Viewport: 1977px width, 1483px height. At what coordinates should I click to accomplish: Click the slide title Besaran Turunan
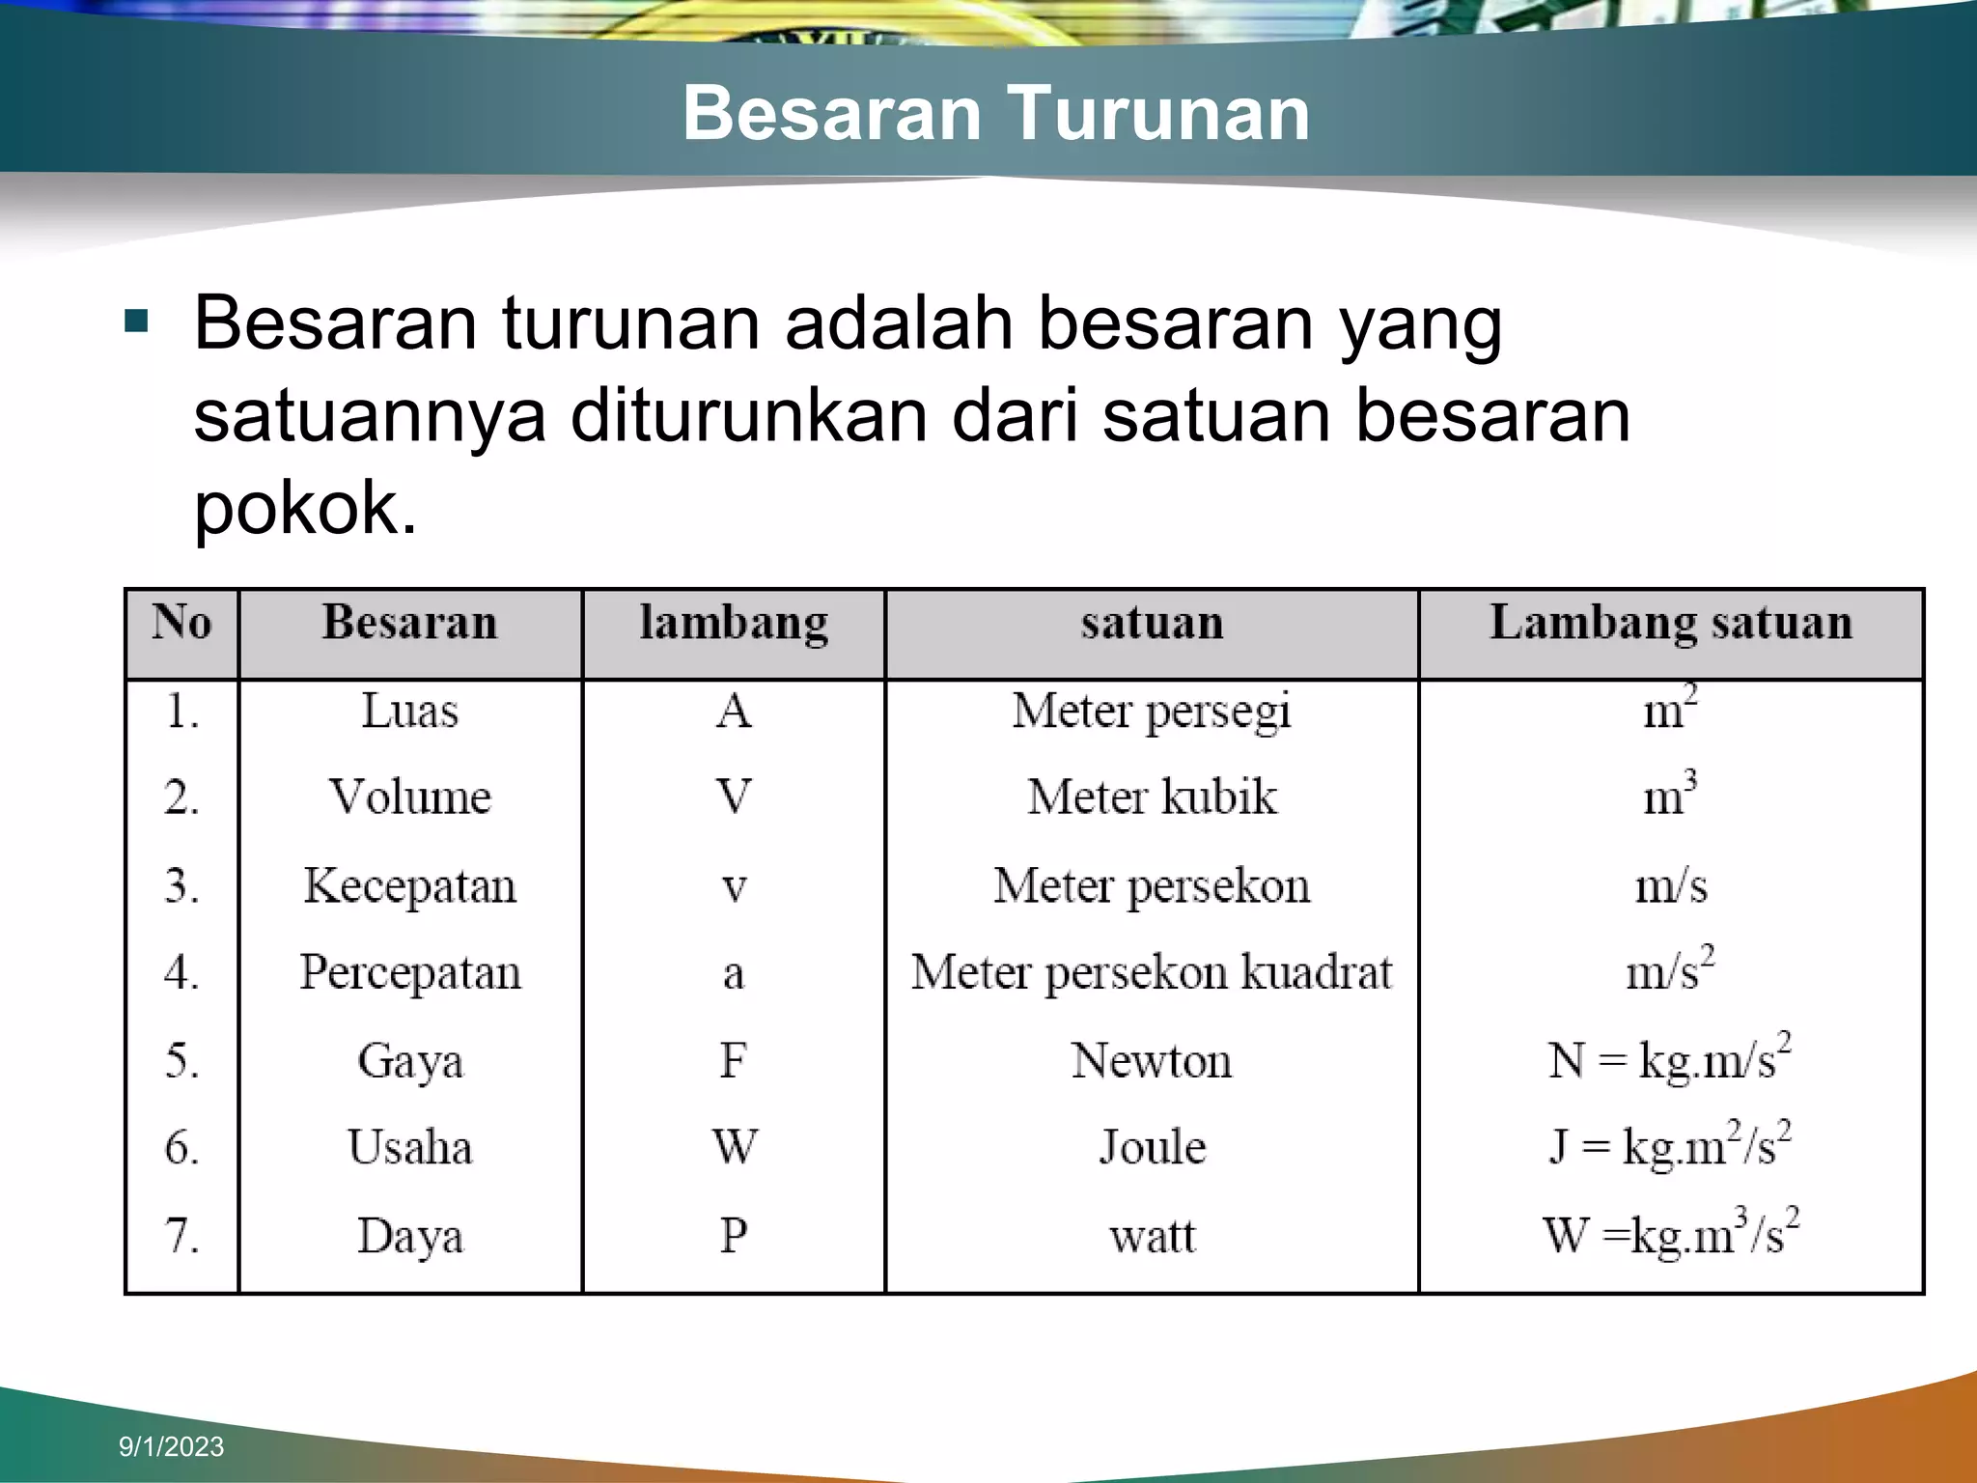click(x=995, y=114)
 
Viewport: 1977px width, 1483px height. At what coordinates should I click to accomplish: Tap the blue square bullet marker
click(x=137, y=322)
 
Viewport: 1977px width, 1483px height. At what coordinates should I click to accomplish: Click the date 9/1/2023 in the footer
click(x=171, y=1446)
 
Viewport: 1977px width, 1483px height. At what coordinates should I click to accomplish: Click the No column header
click(x=181, y=623)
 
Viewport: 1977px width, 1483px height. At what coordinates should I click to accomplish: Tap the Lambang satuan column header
click(x=1671, y=623)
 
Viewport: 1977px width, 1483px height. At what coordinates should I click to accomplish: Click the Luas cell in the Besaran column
click(x=410, y=712)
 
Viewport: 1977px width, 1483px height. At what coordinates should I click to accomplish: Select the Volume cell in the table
click(x=410, y=797)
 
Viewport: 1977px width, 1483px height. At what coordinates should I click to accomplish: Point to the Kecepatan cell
click(x=410, y=886)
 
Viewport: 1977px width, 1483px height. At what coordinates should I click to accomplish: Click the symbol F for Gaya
click(x=734, y=1060)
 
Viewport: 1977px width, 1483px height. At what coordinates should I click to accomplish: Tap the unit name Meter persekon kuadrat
click(x=1152, y=972)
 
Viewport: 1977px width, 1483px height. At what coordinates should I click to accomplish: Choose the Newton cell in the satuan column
click(x=1152, y=1060)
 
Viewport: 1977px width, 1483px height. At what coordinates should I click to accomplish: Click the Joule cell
click(x=1152, y=1148)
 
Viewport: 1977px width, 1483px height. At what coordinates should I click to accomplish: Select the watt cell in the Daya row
click(x=1152, y=1236)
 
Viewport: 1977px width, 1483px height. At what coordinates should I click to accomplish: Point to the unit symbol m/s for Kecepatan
click(x=1671, y=886)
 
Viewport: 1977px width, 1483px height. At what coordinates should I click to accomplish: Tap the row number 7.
click(x=181, y=1236)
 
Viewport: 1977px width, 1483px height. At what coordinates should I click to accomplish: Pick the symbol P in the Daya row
click(x=734, y=1236)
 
